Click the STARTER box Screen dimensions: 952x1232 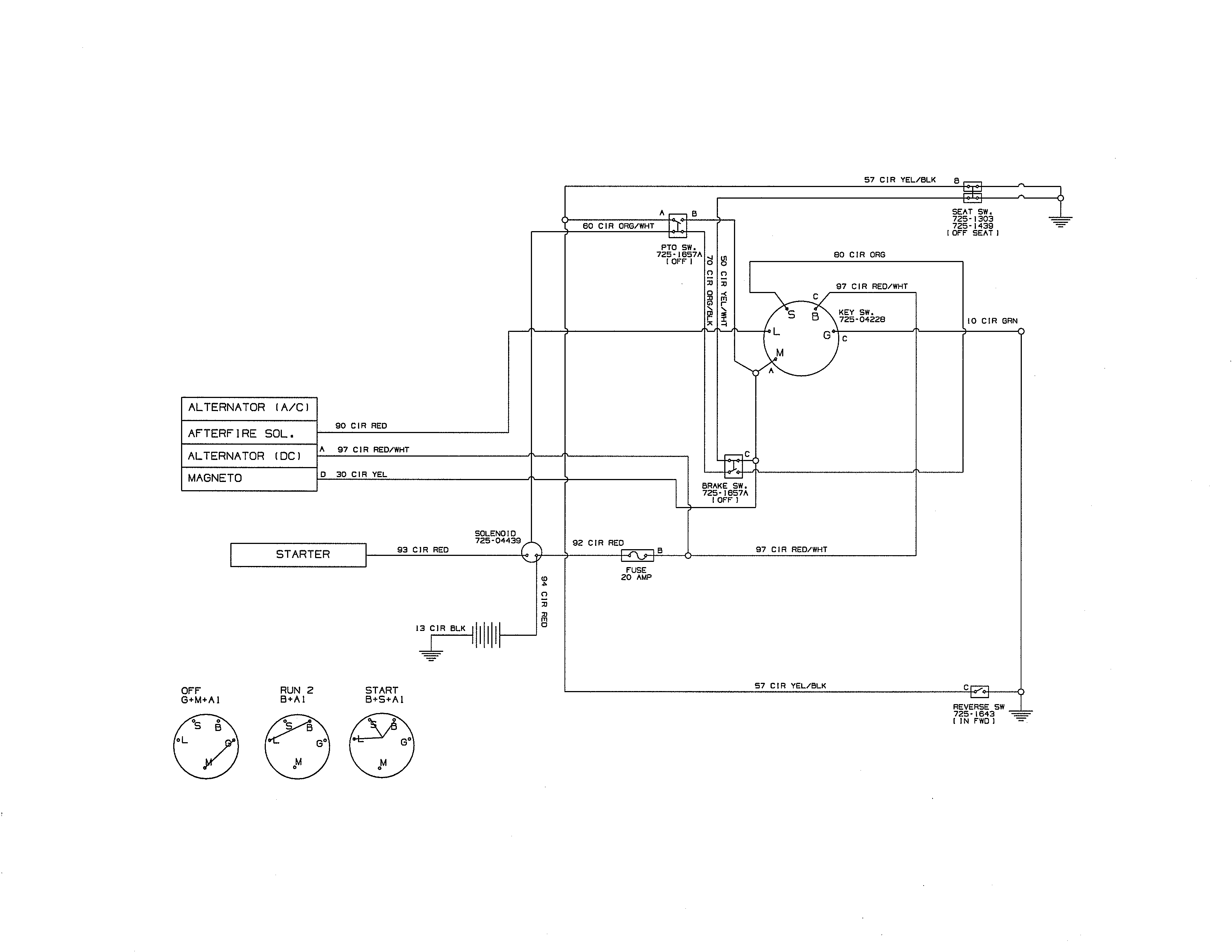click(x=298, y=555)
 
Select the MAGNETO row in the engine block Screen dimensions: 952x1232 click(x=249, y=478)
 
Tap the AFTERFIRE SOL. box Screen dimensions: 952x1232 click(x=249, y=433)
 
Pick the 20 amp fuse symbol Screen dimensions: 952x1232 click(x=637, y=556)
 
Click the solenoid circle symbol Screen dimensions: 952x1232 click(x=531, y=553)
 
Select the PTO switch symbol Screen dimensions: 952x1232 click(x=678, y=225)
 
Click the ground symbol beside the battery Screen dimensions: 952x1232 click(x=431, y=655)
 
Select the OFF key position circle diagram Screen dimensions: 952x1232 click(x=206, y=746)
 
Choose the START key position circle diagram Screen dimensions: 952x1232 click(x=382, y=746)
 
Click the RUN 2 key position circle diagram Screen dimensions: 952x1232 click(x=297, y=746)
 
